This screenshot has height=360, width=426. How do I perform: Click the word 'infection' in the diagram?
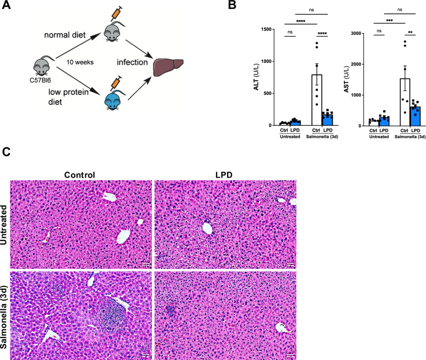[132, 62]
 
